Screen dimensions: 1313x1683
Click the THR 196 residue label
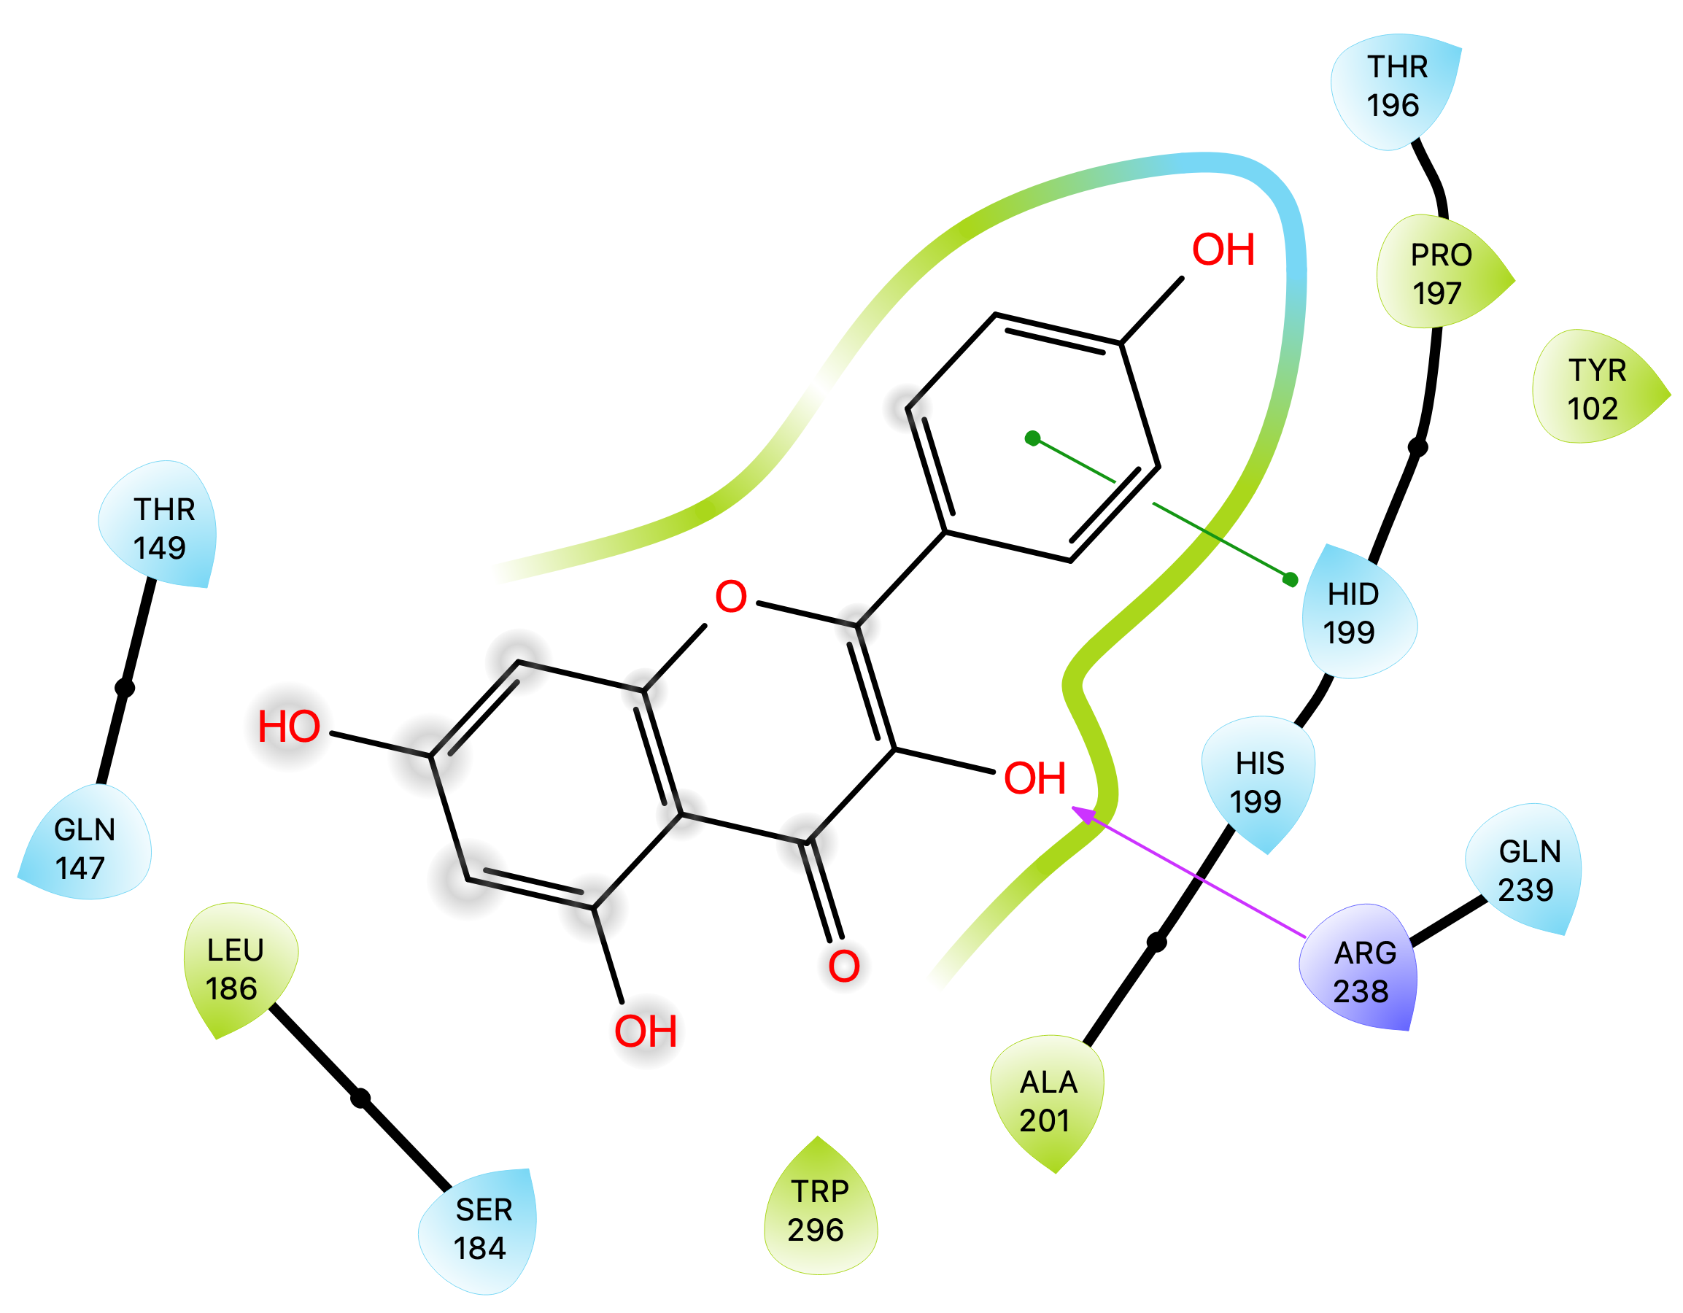point(1395,86)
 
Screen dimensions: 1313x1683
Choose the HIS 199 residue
point(1258,782)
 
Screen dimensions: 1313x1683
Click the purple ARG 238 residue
point(1363,972)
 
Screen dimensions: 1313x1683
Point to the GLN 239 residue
point(1527,871)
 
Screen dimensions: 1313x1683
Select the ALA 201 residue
point(1048,1101)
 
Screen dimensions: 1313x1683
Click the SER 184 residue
point(481,1229)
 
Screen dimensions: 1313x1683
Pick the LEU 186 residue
point(234,969)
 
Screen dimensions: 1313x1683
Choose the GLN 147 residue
point(83,848)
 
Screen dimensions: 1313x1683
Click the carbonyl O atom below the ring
point(843,966)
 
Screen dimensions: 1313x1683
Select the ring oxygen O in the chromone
point(730,597)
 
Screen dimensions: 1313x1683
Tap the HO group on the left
point(289,727)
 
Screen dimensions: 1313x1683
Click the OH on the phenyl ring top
point(1223,249)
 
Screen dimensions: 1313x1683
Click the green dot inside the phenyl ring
point(1032,438)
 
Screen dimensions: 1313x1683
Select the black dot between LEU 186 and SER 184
point(360,1099)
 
